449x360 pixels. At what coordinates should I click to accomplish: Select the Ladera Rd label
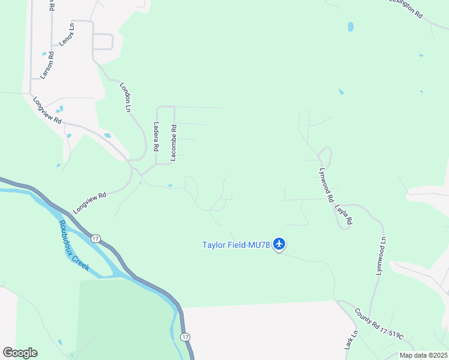click(x=155, y=137)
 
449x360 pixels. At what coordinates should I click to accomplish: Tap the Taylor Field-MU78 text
click(x=236, y=244)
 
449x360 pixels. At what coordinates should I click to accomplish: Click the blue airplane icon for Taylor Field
click(x=279, y=244)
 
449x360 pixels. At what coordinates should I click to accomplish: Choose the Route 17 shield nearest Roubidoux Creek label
click(x=95, y=238)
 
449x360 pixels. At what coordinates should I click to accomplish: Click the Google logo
click(x=20, y=353)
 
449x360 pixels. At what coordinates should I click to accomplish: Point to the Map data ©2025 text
click(x=423, y=355)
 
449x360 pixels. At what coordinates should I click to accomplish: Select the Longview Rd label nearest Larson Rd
click(x=47, y=110)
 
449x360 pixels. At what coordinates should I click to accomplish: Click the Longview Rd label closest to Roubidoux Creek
click(x=89, y=203)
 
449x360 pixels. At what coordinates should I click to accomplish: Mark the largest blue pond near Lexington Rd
click(x=351, y=27)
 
